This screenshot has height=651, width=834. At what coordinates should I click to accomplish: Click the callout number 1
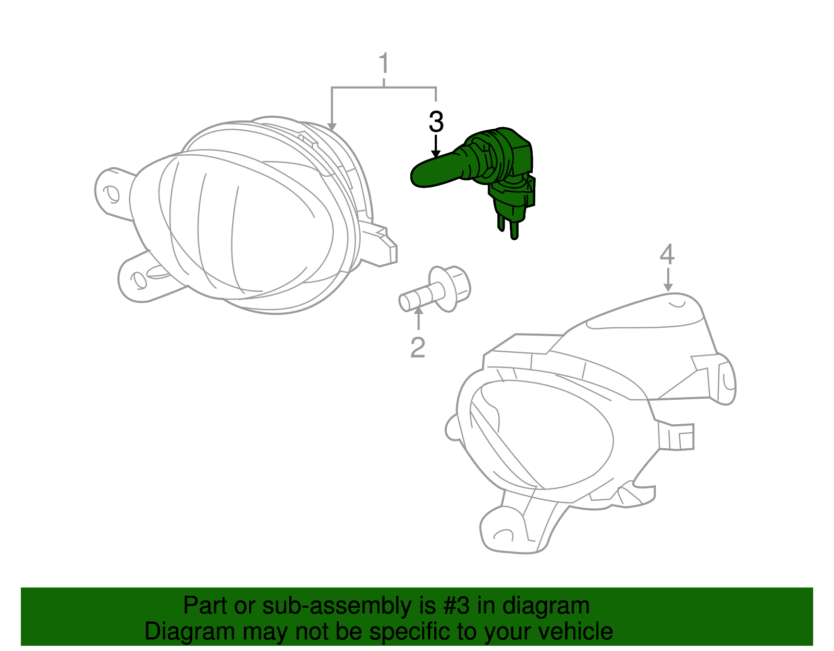(384, 64)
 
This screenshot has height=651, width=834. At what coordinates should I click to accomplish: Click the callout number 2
(418, 348)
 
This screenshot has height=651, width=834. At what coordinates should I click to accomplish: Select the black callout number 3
(436, 122)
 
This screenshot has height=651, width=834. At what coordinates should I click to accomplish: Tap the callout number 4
(667, 255)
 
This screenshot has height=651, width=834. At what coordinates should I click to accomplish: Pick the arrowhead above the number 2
(418, 312)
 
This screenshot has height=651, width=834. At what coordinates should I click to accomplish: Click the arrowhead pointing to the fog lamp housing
(332, 127)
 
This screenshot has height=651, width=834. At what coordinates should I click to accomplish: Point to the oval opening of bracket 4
(542, 433)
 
